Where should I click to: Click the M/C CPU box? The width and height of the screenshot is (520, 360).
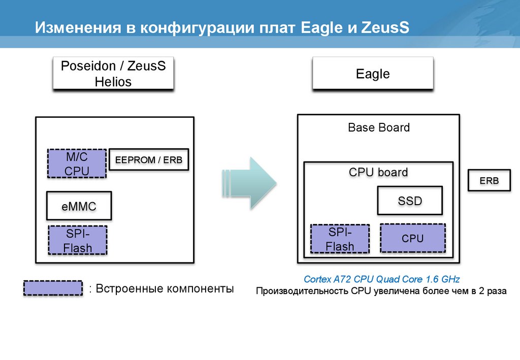(77, 163)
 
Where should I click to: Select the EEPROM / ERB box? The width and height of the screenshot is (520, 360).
(148, 160)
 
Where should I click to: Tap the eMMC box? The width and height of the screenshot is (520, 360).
(79, 206)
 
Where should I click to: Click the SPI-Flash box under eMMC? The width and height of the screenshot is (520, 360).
(78, 240)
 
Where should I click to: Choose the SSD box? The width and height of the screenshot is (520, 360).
(410, 201)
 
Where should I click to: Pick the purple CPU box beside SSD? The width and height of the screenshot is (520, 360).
(412, 238)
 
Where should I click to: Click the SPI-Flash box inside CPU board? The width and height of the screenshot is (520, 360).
(340, 239)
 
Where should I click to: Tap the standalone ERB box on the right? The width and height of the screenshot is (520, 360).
(489, 181)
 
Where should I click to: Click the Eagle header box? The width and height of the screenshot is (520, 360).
(373, 74)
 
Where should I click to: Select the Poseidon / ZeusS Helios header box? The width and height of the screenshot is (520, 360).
(113, 74)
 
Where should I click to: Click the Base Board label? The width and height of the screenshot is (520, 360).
(379, 127)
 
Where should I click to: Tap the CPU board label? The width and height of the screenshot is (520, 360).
(378, 172)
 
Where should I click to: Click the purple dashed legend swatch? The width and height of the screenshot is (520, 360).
(53, 288)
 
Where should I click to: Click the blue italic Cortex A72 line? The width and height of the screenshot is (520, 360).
(381, 279)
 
